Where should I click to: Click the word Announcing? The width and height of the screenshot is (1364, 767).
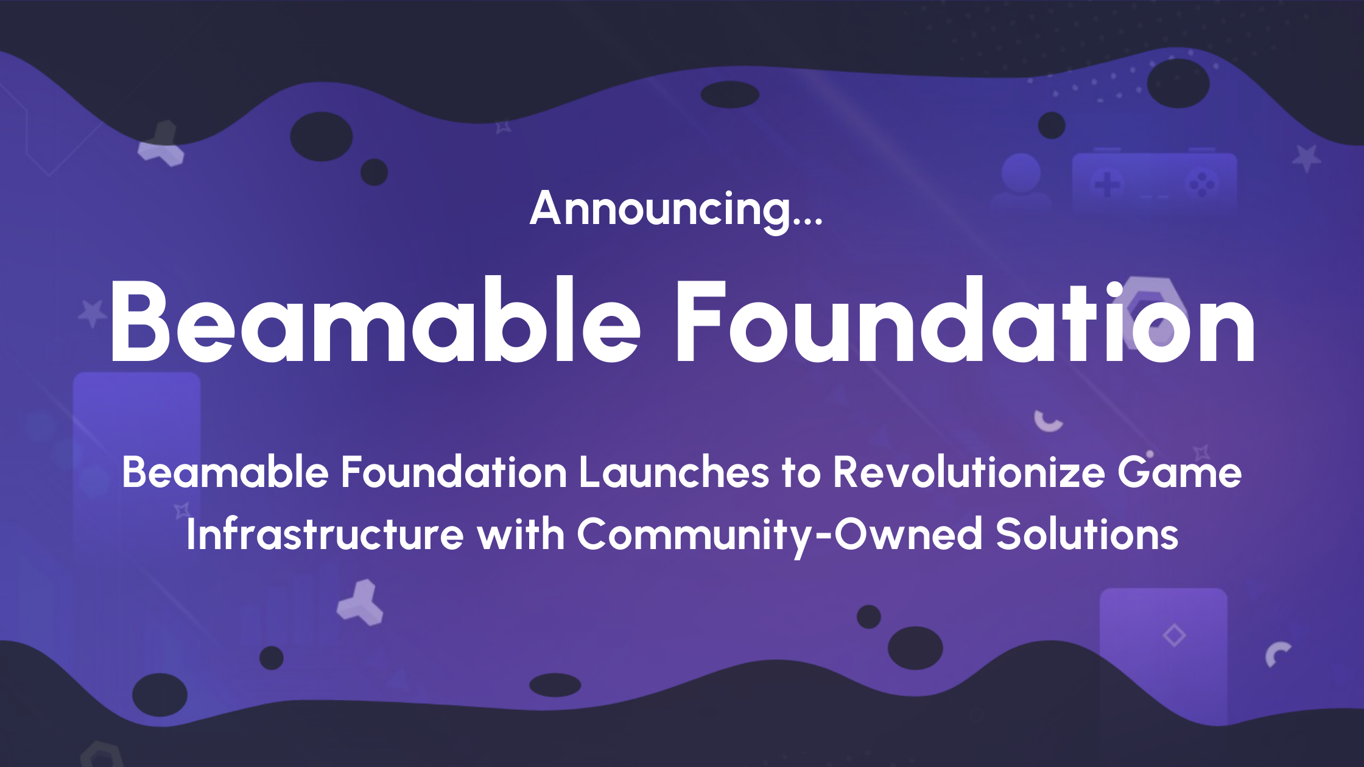click(x=660, y=209)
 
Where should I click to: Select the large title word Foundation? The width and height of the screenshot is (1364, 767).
click(x=965, y=321)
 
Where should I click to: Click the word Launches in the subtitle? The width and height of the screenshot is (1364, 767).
click(x=674, y=472)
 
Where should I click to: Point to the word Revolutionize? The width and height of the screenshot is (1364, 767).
click(x=968, y=472)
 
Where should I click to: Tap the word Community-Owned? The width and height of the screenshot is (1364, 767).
click(x=779, y=534)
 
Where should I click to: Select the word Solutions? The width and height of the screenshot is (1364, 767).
click(x=1087, y=534)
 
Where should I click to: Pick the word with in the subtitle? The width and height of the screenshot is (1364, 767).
click(x=521, y=534)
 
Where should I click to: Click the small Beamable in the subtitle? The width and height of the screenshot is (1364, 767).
click(x=225, y=472)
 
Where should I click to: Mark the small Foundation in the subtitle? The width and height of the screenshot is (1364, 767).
click(x=454, y=472)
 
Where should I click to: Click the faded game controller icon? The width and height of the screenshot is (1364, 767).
click(x=1154, y=181)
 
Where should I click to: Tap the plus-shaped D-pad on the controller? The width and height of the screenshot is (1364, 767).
click(x=1107, y=184)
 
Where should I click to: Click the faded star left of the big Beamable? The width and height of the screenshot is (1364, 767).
click(x=93, y=312)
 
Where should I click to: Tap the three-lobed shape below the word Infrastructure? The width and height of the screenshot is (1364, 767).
click(x=360, y=604)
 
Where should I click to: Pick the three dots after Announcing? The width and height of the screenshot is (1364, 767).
click(x=807, y=224)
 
